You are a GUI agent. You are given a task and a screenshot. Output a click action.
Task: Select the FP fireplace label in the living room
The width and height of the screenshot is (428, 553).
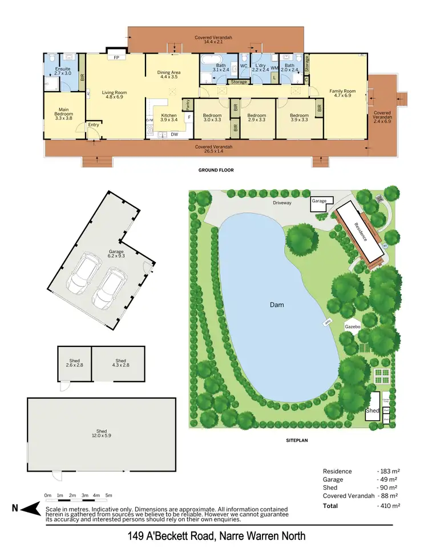(x=116, y=58)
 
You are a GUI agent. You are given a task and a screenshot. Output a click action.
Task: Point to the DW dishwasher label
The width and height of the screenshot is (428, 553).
(x=173, y=135)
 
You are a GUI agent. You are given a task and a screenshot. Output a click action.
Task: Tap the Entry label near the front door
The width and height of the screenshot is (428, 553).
(x=92, y=126)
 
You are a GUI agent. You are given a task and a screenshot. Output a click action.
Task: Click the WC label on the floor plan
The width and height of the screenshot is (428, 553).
(x=244, y=65)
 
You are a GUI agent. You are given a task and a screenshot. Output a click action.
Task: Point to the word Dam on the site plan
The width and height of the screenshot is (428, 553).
(x=277, y=305)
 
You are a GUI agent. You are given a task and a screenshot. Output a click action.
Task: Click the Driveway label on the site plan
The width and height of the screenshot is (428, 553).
(x=282, y=202)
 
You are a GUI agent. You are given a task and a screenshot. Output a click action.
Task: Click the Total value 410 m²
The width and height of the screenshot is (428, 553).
(x=388, y=506)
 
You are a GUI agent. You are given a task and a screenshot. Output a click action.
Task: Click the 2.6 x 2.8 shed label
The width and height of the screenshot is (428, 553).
(x=75, y=363)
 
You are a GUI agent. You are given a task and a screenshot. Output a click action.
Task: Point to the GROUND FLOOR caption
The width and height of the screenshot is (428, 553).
(x=216, y=170)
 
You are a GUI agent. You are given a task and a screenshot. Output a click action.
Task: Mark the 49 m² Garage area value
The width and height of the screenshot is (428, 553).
(x=388, y=480)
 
